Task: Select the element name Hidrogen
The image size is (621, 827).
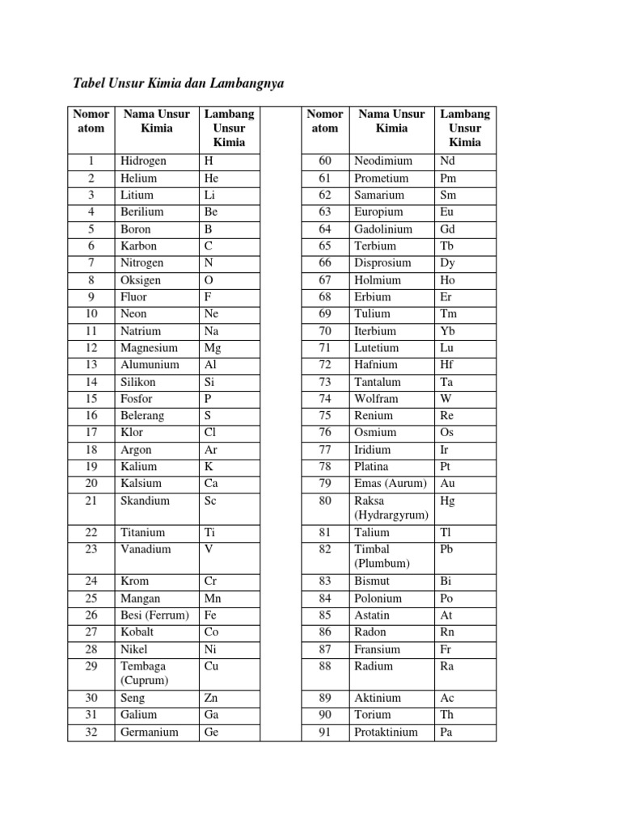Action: (143, 161)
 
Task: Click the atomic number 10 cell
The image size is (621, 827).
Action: (91, 313)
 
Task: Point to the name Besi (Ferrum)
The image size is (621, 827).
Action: (154, 615)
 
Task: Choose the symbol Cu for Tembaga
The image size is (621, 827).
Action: (213, 666)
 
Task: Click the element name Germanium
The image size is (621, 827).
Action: (149, 733)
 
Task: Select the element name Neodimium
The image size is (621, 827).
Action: (383, 161)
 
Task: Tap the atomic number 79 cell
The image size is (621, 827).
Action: (325, 484)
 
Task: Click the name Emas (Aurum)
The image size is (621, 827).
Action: (391, 484)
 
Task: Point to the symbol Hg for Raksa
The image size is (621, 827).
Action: (448, 501)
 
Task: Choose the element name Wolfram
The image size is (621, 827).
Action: (376, 399)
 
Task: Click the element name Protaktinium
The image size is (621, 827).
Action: (386, 733)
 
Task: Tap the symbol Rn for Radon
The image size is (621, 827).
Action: (448, 632)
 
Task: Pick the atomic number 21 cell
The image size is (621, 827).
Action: (91, 501)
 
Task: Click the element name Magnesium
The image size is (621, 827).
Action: (149, 348)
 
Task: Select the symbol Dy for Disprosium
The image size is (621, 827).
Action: (448, 262)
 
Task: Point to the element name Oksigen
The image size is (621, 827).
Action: (141, 280)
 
